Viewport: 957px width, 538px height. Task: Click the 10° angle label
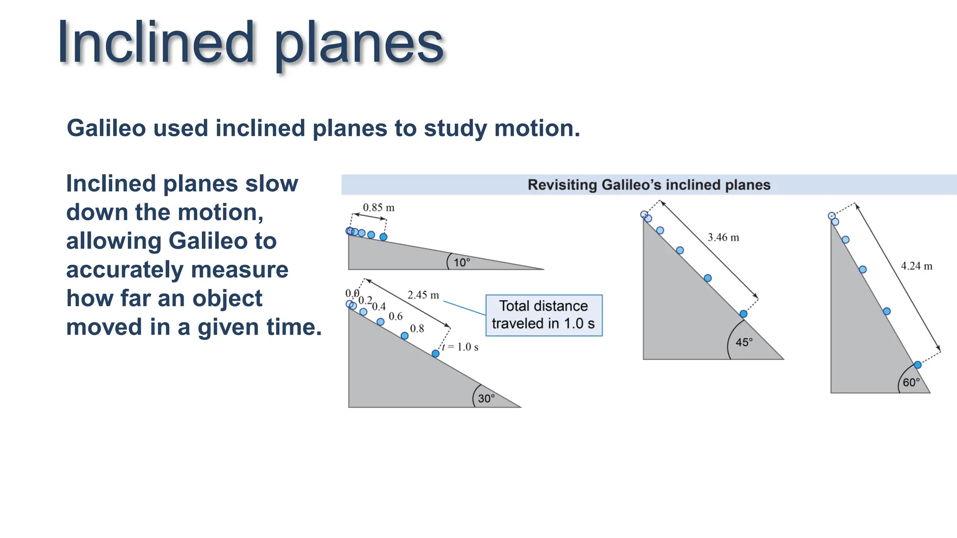point(462,262)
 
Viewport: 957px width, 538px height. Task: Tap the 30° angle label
point(486,398)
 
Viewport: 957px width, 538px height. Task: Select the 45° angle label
point(744,342)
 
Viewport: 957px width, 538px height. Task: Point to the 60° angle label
point(911,382)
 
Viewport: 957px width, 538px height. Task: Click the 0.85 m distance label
point(379,207)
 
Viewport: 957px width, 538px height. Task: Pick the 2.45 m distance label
point(423,295)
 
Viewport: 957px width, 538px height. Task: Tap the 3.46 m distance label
point(723,237)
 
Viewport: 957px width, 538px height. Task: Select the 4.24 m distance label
point(916,266)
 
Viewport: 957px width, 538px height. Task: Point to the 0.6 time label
point(395,316)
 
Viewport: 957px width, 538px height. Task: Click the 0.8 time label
point(417,328)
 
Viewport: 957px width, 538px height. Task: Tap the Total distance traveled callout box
point(543,315)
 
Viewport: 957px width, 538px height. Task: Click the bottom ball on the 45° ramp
point(743,314)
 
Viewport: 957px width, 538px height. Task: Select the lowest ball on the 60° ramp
point(917,365)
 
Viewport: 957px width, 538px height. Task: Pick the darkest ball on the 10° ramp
point(383,237)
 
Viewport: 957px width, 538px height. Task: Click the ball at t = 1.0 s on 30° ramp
point(435,354)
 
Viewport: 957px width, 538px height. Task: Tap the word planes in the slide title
point(358,44)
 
